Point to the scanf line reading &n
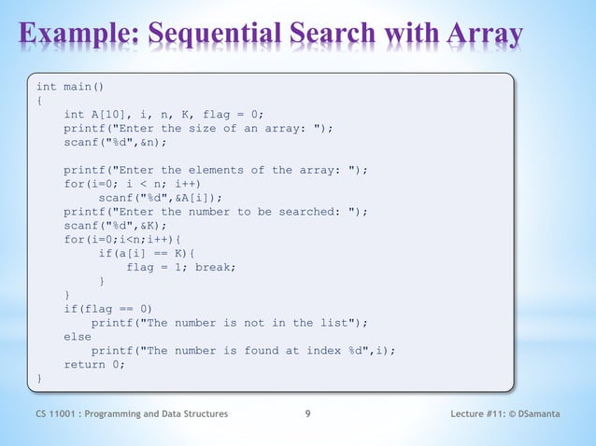pyautogui.click(x=115, y=142)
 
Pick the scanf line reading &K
pyautogui.click(x=115, y=225)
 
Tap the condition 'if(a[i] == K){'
pyautogui.click(x=147, y=253)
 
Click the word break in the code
pyautogui.click(x=215, y=267)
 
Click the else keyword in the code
pyautogui.click(x=78, y=336)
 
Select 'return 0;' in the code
pyautogui.click(x=94, y=364)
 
